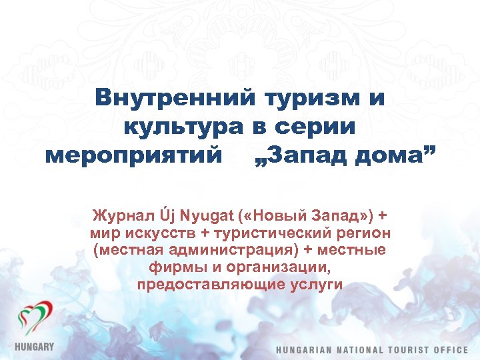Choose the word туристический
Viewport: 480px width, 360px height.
pyautogui.click(x=267, y=234)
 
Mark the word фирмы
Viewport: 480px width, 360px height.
pyautogui.click(x=175, y=268)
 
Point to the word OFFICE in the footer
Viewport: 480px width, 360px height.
pyautogui.click(x=455, y=350)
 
